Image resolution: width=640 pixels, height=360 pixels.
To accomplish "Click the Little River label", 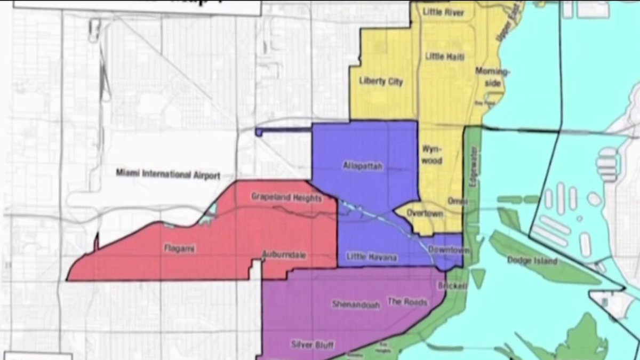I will tap(443, 12).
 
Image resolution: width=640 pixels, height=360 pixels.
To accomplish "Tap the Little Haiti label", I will tap(443, 56).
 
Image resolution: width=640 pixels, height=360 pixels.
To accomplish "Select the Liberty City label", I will tap(381, 82).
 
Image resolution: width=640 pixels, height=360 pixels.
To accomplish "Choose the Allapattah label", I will tap(362, 166).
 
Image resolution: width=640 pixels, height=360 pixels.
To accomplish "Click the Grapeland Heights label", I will tap(286, 198).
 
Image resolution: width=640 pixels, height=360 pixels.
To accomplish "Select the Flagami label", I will tap(176, 247).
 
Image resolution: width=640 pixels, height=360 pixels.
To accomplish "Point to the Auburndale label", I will tap(284, 255).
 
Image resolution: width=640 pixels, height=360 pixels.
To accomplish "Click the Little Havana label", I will tap(371, 258).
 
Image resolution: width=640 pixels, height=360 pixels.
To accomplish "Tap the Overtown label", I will tap(425, 213).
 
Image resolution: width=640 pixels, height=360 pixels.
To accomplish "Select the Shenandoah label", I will tap(356, 305).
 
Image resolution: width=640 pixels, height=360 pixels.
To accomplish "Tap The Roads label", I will tap(407, 302).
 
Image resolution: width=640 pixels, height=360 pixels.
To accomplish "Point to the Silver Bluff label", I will tap(312, 345).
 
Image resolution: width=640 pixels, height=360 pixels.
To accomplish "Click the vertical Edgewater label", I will tap(472, 174).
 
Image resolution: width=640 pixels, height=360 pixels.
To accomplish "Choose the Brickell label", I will tap(452, 286).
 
